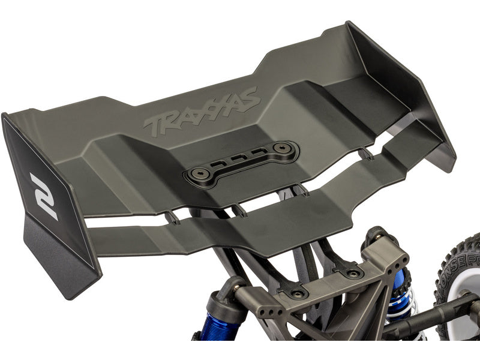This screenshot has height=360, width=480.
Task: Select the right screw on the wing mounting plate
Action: click(x=280, y=148)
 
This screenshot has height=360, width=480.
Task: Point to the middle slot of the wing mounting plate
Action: click(x=240, y=160)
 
